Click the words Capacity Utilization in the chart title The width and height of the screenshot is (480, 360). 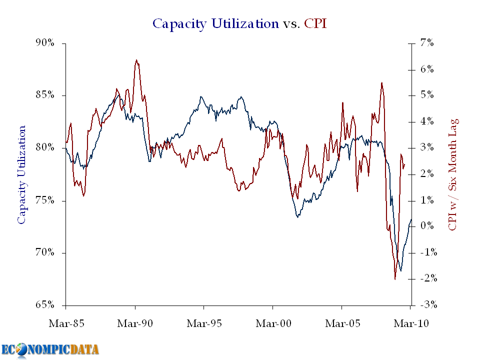click(215, 23)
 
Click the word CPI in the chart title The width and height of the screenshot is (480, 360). click(315, 23)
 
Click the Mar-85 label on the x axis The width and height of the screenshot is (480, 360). click(65, 323)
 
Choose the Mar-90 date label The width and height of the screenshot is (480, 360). click(134, 323)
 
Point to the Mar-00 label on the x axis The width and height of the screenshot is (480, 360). click(272, 323)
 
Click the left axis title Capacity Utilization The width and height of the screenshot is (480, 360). click(21, 174)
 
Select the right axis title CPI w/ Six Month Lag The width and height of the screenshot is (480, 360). click(453, 174)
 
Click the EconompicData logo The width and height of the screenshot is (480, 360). click(50, 349)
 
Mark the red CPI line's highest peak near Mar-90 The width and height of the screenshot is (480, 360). click(136, 60)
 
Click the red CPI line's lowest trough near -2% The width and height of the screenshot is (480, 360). click(394, 279)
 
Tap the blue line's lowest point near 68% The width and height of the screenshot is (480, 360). click(401, 271)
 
